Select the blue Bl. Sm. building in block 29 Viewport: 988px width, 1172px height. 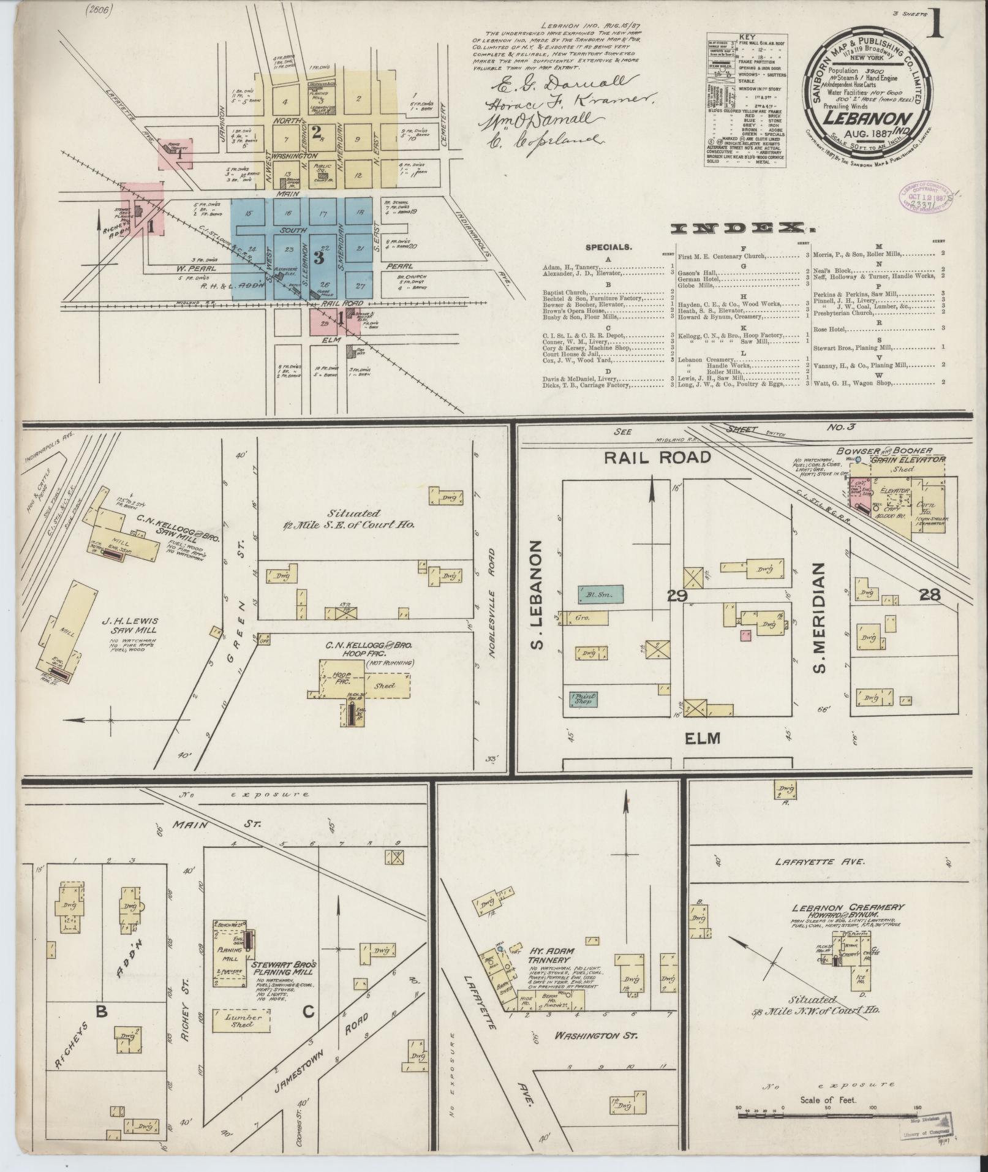[600, 592]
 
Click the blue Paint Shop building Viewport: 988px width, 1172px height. [583, 698]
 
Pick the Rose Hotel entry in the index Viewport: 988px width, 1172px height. [829, 329]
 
